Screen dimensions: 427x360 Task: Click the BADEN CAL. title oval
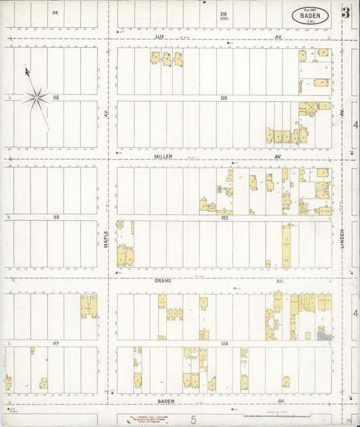coord(311,16)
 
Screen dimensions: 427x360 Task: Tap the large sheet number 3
coord(346,12)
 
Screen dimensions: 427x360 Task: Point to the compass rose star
coord(36,99)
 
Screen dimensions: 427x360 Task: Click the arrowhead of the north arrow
coord(27,70)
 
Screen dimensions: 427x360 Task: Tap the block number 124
coord(224,343)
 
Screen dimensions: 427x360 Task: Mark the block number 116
coord(56,217)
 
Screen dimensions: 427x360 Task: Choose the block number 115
coord(56,98)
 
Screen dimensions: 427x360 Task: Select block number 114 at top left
coord(54,12)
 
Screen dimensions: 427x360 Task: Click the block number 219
coord(223,13)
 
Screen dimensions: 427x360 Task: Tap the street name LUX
coord(159,37)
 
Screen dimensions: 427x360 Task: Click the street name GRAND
coord(163,280)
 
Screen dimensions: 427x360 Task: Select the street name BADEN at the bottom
coord(166,401)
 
